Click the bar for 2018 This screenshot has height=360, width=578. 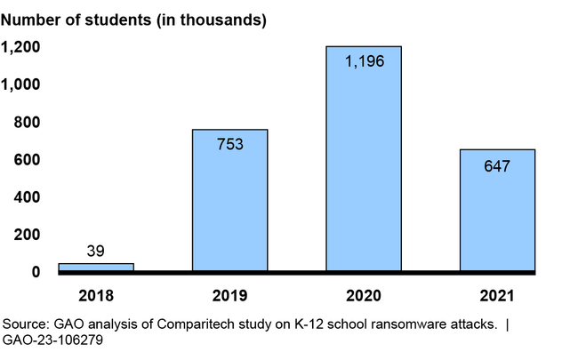coord(96,267)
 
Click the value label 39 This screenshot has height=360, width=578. coord(96,252)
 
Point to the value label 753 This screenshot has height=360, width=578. coord(229,143)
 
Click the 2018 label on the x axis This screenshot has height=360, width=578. coord(96,294)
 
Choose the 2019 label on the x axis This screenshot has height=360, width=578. coord(229,294)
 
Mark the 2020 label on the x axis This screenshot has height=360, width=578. coord(363,294)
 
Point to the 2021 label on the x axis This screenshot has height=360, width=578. coord(496,294)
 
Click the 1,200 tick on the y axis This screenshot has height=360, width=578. coord(20,47)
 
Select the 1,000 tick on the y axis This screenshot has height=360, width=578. coord(20,84)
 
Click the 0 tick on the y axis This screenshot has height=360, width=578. coord(36,271)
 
